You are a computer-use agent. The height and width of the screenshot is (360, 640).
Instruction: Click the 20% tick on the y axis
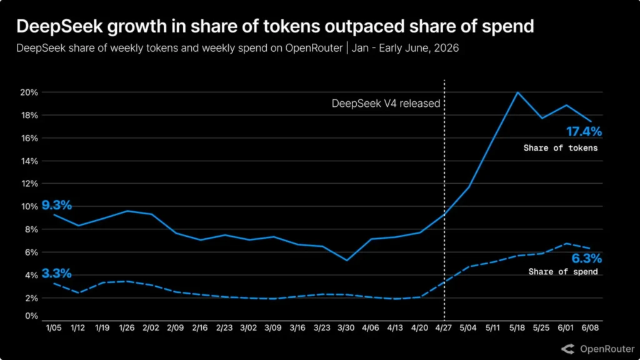(29, 92)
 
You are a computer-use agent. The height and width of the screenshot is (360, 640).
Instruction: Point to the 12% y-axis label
(29, 184)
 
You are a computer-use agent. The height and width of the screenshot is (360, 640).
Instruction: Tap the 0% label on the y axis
(31, 316)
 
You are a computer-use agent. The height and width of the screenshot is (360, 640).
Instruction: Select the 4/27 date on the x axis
(444, 327)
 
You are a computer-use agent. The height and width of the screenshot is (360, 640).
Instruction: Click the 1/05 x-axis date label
(54, 327)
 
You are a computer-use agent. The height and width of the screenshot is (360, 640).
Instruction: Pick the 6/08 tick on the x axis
(590, 327)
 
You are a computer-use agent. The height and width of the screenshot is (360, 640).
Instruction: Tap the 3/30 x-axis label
(346, 327)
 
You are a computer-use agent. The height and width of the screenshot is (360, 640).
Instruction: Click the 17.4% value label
(584, 132)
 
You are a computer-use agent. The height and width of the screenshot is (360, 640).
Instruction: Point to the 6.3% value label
(586, 258)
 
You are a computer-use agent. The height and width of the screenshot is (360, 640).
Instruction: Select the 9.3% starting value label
(57, 205)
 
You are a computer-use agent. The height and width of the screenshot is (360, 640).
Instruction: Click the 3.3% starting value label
(57, 274)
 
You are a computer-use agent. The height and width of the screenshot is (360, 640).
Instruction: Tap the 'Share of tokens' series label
(561, 148)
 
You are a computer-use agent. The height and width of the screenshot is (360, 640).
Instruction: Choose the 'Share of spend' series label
(563, 272)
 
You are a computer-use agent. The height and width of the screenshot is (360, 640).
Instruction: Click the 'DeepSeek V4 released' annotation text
(386, 104)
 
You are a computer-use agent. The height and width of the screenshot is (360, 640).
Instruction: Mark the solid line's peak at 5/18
(517, 92)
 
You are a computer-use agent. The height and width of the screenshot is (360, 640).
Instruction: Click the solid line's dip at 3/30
(346, 260)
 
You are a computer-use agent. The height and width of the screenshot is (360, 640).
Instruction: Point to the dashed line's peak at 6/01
(566, 244)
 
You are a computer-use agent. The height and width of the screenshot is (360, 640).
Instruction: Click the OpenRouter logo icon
(567, 349)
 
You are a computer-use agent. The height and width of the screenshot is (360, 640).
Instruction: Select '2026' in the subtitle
(446, 48)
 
